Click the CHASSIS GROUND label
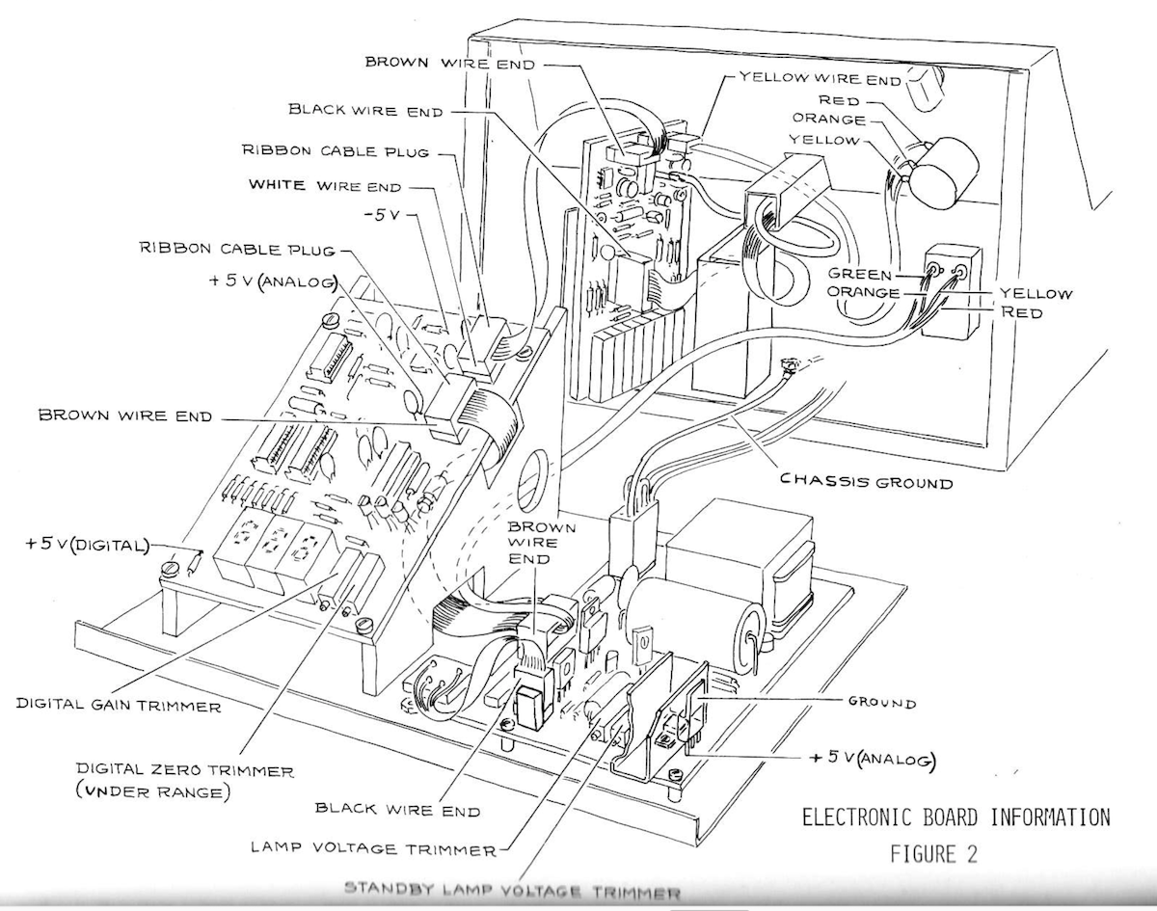tap(866, 480)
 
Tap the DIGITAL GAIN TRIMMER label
tap(119, 706)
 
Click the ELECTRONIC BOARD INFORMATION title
tap(955, 817)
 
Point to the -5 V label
tap(385, 214)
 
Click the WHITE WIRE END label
tap(324, 186)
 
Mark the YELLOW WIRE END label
tap(820, 76)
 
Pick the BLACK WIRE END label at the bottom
tap(397, 811)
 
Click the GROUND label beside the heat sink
tap(882, 703)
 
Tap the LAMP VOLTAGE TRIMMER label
tap(373, 848)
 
